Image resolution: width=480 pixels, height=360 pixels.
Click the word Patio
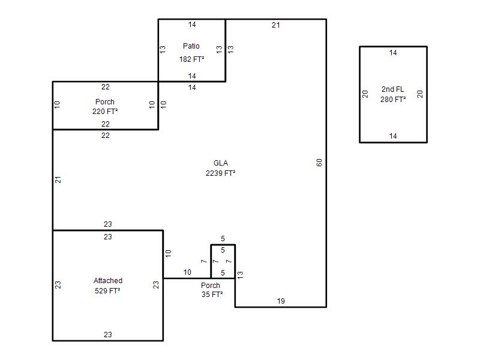[x=191, y=46]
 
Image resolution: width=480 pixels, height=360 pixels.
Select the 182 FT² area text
[x=191, y=59]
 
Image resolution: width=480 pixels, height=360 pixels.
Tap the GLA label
[x=221, y=163]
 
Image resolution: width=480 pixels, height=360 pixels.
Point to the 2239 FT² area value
[x=220, y=173]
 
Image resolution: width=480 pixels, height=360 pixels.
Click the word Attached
[x=108, y=281]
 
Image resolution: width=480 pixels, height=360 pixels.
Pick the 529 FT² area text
[x=107, y=291]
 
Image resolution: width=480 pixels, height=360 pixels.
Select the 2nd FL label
[x=393, y=89]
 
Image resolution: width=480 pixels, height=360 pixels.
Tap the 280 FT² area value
[x=393, y=100]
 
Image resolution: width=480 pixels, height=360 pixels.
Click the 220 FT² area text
[x=105, y=112]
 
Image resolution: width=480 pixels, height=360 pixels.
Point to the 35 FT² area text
[x=212, y=295]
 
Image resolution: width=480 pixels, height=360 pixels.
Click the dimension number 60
[x=319, y=163]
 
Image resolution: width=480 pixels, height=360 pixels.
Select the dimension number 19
[x=281, y=301]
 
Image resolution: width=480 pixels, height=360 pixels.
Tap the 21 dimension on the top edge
[x=276, y=25]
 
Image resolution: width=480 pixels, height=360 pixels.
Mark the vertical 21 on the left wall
[x=58, y=179]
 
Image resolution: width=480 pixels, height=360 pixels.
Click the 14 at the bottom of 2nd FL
[x=393, y=136]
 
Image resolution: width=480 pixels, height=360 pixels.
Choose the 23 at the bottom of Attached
[x=108, y=335]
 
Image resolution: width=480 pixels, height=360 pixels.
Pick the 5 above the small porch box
[x=223, y=238]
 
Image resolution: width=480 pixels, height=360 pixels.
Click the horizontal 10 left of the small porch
[x=187, y=272]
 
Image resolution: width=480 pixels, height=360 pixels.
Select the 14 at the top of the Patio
[x=192, y=25]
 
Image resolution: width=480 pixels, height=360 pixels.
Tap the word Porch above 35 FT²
[x=211, y=286]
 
